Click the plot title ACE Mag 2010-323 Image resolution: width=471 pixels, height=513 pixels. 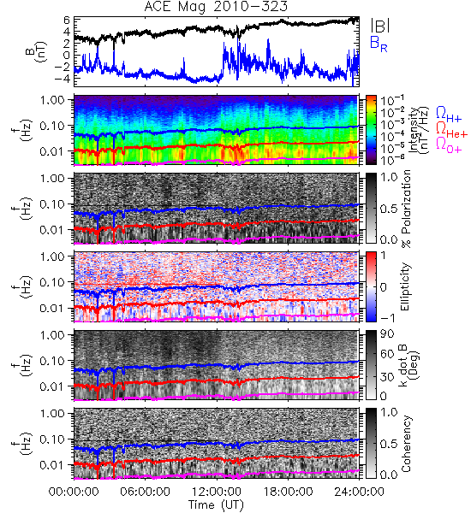pos(216,7)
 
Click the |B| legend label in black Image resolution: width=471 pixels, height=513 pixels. pos(380,26)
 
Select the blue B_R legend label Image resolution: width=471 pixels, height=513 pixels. pos(379,44)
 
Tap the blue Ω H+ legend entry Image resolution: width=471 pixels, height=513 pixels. pos(449,115)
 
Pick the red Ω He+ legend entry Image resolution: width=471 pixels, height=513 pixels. pos(451,130)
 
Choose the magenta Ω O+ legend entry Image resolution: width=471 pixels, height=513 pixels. pos(449,145)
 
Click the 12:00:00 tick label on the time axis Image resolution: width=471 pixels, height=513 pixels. pos(217,492)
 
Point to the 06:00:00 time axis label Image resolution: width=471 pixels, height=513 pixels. pos(146,492)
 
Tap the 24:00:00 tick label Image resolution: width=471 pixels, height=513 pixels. pos(359,492)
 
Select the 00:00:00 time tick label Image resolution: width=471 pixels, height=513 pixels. pos(74,492)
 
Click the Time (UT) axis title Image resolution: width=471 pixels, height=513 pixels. pos(216,505)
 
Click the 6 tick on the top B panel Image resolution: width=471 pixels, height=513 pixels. pos(67,21)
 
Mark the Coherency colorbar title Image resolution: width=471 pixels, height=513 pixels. pos(406,444)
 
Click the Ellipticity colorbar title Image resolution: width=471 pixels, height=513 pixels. pos(405,286)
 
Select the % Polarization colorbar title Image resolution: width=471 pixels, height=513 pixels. pos(406,209)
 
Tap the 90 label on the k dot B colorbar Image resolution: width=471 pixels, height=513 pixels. pos(387,334)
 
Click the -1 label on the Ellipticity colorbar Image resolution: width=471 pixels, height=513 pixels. pos(387,318)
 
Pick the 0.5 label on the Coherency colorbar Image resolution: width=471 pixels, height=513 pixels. pos(389,444)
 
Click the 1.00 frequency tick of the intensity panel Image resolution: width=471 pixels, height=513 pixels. pos(53,99)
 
